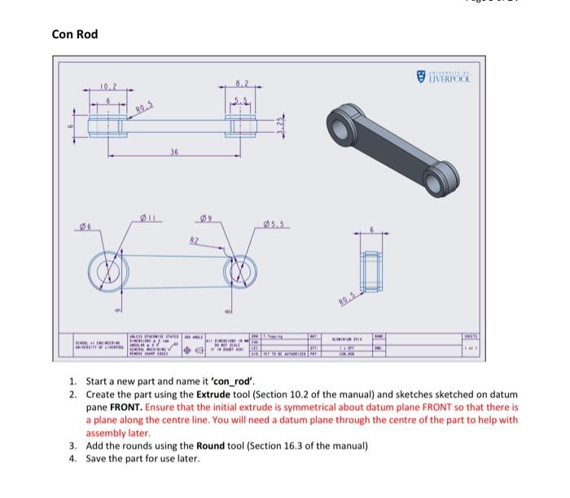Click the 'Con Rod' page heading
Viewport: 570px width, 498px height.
pos(73,34)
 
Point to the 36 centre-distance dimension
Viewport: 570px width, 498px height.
pos(174,152)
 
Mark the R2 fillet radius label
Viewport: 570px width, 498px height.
pos(194,240)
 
